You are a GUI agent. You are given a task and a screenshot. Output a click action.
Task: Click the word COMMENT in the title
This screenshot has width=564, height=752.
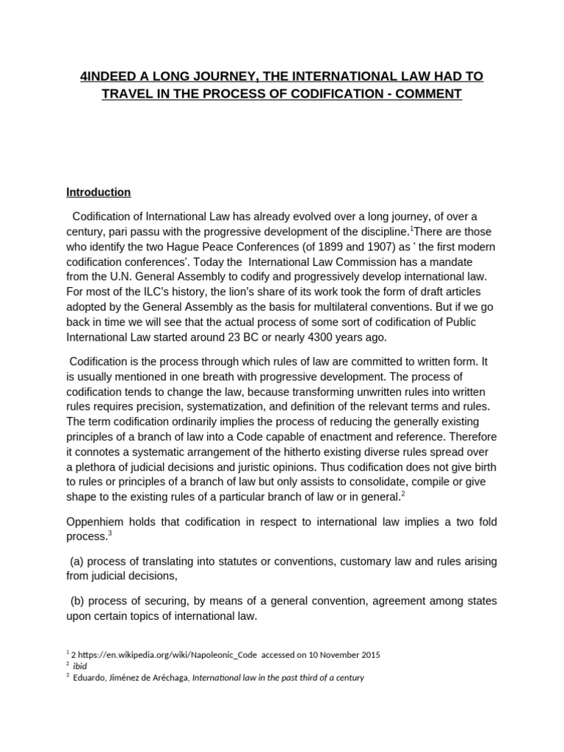(x=430, y=95)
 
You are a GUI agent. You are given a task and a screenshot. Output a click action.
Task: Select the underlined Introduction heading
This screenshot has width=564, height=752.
(x=98, y=192)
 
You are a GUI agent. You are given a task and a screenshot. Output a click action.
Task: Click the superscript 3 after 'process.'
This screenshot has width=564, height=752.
(x=109, y=535)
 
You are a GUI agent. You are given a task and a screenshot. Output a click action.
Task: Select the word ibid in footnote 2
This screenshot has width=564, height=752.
(x=81, y=666)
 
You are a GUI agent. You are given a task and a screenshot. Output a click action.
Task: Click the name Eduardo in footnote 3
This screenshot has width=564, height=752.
(x=90, y=678)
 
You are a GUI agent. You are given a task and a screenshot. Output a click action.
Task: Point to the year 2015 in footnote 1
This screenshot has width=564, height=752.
(x=369, y=654)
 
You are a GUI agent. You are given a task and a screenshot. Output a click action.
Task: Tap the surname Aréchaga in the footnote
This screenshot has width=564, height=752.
(x=168, y=678)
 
